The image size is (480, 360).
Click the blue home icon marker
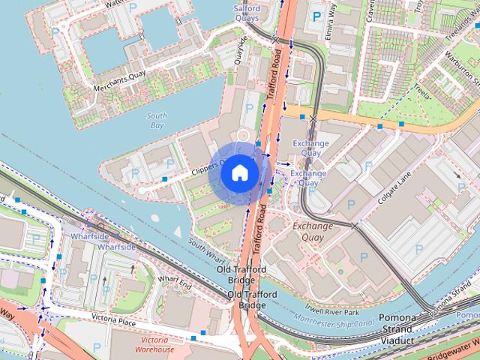[x=238, y=172]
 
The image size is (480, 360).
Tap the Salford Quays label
[x=247, y=13]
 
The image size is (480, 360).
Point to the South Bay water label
[x=157, y=121]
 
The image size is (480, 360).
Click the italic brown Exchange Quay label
[x=312, y=231]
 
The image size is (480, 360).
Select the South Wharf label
[x=208, y=248]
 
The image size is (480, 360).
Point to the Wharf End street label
[x=175, y=283]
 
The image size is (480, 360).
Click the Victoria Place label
[x=113, y=321]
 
